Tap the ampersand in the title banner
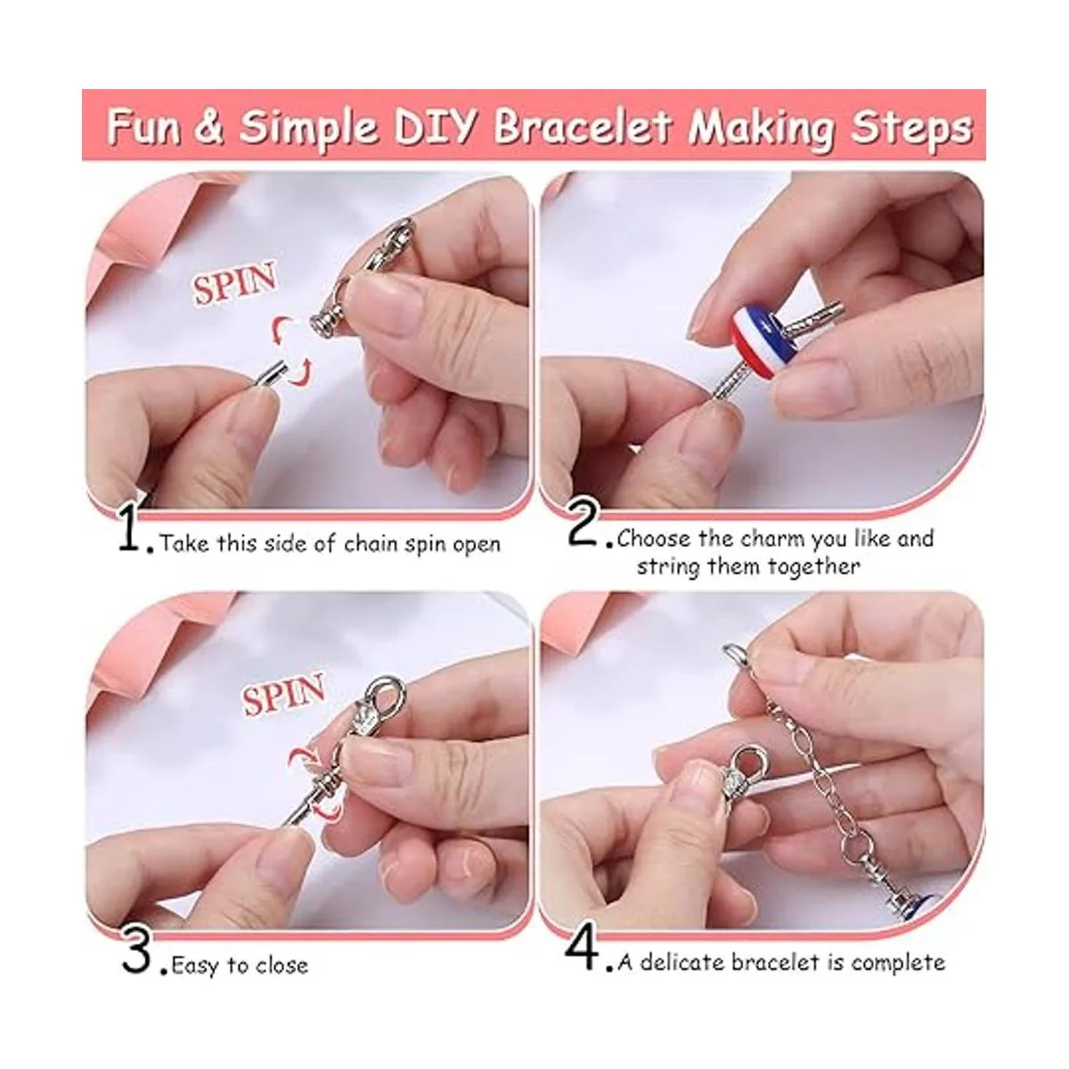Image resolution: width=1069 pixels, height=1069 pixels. (209, 126)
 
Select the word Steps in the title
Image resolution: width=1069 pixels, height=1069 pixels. (912, 128)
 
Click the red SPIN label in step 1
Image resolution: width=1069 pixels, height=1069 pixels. (234, 284)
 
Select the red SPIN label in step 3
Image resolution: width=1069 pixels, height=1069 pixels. (283, 693)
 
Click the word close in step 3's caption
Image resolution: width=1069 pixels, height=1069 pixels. (281, 966)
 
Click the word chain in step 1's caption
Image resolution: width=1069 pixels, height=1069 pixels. (371, 544)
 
